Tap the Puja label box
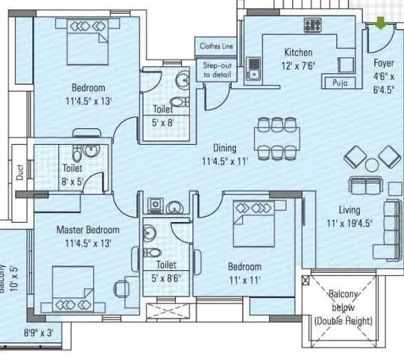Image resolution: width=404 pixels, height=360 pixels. coord(339,82)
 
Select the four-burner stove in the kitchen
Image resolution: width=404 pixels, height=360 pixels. coord(314,26)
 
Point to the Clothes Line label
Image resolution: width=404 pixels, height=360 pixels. coord(216,46)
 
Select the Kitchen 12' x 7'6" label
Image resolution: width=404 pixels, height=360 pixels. coord(298,59)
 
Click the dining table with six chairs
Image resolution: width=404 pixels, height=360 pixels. coord(276,138)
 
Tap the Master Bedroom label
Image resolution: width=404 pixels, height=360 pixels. coord(88,230)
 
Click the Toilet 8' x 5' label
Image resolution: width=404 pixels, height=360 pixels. coord(72,173)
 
